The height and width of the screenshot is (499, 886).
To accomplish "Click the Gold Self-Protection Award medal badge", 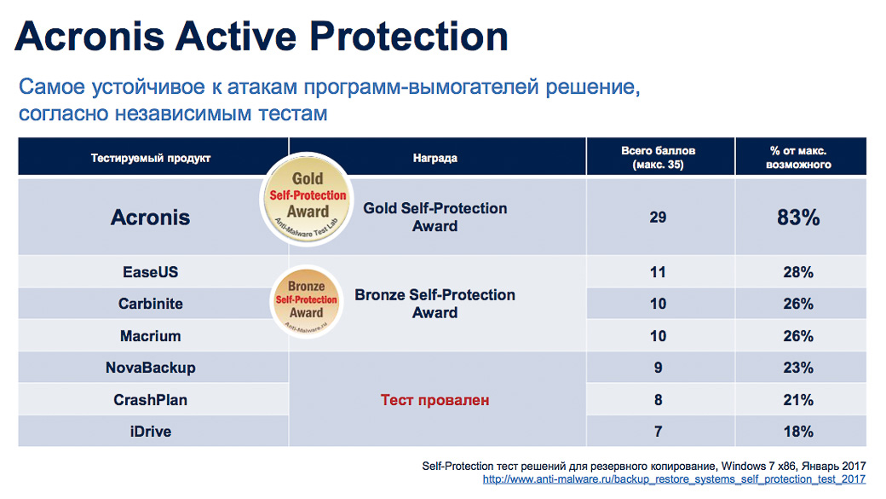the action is [x=307, y=199].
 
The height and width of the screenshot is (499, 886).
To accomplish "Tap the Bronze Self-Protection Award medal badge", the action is [x=307, y=302].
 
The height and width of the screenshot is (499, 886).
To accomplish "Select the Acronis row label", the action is [x=150, y=218].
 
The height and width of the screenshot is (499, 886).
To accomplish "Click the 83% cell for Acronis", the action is [x=798, y=218].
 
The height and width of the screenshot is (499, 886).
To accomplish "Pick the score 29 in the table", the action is [x=658, y=218].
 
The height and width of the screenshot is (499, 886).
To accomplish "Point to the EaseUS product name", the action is [x=150, y=272].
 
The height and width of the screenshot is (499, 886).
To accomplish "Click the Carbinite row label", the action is [x=150, y=304].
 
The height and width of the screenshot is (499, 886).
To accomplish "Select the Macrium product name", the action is [x=150, y=336].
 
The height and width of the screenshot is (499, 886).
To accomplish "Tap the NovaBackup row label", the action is [x=150, y=368].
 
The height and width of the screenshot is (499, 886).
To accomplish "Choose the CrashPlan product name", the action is [x=150, y=400].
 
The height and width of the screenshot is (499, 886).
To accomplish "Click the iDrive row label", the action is [x=150, y=432].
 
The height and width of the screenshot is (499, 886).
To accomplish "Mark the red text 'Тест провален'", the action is [x=434, y=400].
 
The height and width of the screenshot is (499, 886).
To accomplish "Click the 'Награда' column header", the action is [x=434, y=159].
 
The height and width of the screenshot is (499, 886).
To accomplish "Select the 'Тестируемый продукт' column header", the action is [x=150, y=159].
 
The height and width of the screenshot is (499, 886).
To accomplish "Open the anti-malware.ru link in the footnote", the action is [x=674, y=479].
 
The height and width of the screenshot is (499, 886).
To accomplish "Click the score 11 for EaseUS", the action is [x=658, y=272].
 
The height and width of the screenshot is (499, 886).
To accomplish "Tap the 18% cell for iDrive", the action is [x=798, y=432].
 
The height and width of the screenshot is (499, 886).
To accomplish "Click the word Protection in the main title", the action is [x=409, y=36].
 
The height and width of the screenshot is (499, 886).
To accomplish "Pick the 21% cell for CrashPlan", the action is [x=798, y=400].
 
